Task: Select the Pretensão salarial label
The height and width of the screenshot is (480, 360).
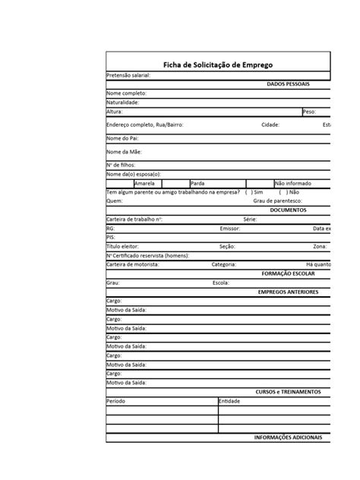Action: [x=128, y=75]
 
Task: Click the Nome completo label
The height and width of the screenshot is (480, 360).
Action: [x=126, y=93]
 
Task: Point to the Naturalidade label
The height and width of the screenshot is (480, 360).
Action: [x=123, y=102]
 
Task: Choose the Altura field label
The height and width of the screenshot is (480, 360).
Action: [x=115, y=111]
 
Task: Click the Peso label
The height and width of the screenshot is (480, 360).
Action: [x=308, y=111]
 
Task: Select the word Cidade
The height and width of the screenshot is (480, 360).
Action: [x=270, y=125]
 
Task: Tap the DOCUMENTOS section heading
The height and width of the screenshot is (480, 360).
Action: [x=288, y=210]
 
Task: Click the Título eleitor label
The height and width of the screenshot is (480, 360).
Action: [x=123, y=246]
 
